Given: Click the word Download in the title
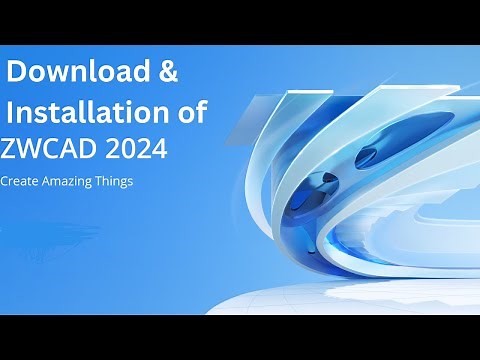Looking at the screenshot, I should (76, 72).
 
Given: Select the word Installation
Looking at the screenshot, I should (93, 111).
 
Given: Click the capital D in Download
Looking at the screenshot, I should (17, 72).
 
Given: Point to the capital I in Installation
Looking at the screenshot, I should (11, 111).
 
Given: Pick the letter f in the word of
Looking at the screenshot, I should (202, 110).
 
